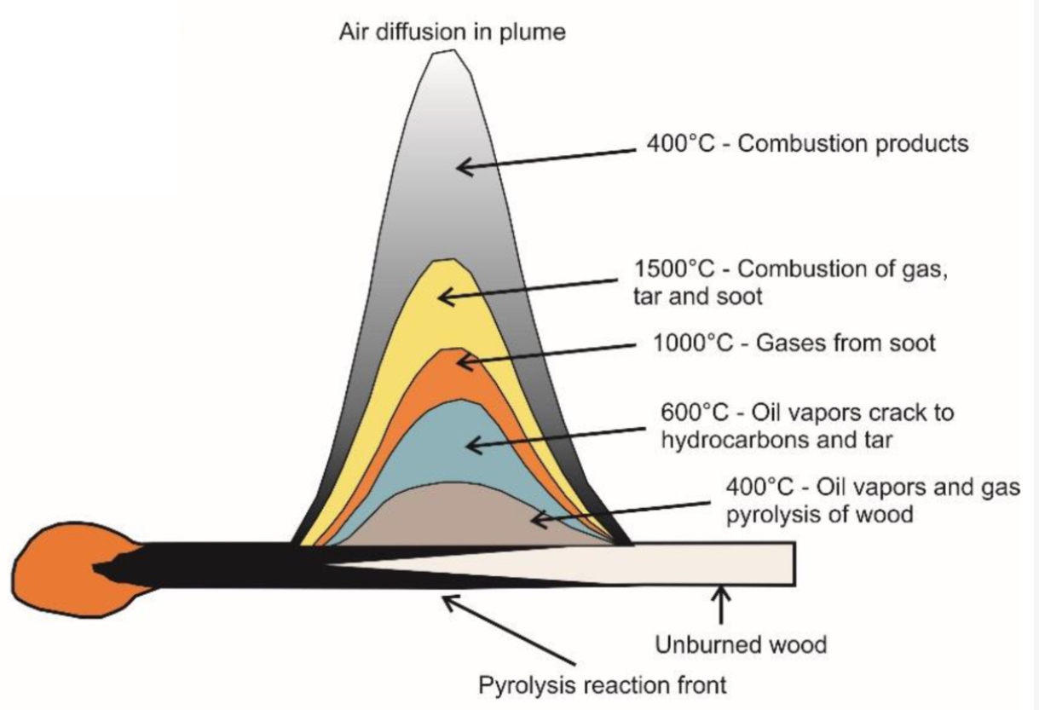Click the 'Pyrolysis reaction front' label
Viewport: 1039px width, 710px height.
coord(603,684)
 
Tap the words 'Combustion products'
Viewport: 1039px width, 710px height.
coord(852,143)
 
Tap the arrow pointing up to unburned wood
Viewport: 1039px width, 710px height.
coord(723,605)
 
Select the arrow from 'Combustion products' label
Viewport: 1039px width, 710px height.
coord(545,157)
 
